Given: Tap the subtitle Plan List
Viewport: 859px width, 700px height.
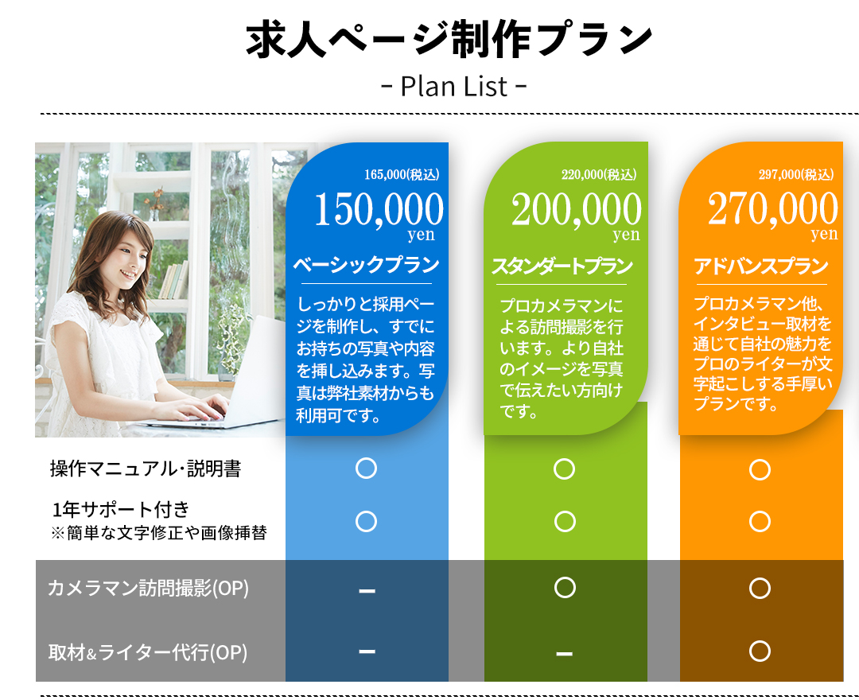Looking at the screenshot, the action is pos(454,86).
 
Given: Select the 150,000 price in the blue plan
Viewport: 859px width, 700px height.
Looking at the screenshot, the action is pos(379,208).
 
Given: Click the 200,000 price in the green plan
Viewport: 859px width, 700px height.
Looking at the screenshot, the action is pos(577,208).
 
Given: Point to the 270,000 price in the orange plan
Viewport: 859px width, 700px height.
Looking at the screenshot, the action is pos(773,208).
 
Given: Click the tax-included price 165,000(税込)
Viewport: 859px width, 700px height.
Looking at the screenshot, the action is pos(402,174).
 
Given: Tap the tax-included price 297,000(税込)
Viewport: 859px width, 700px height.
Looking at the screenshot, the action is pos(796,174).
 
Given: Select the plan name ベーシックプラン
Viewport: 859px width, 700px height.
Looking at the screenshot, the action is pos(366,265).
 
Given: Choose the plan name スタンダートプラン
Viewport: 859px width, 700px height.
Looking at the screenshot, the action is pos(562,266).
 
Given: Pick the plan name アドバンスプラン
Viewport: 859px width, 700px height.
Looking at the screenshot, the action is pos(761,266).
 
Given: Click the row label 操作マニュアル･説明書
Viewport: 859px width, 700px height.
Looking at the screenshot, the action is pos(146,469).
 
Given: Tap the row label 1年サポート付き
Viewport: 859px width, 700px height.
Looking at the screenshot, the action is pos(121,509).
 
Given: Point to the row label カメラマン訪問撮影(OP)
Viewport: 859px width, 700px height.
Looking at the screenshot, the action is pos(148,588).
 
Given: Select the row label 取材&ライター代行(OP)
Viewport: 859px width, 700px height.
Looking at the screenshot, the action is pos(148,652).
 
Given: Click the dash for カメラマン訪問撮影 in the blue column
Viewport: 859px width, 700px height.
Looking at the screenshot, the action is pos(367,590).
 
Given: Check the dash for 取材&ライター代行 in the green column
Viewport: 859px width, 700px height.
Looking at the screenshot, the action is pos(564,653).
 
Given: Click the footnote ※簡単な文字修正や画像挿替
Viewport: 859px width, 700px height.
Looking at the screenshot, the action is pos(159,533).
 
